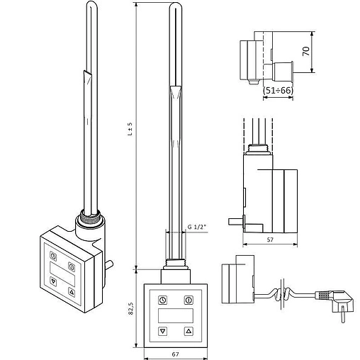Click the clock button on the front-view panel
pos(162,298)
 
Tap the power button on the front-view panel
pos(188,298)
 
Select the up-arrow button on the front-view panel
pos(188,330)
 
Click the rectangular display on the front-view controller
pos(175,314)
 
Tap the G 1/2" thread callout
pos(198,227)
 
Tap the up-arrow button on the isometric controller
pos(72,291)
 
